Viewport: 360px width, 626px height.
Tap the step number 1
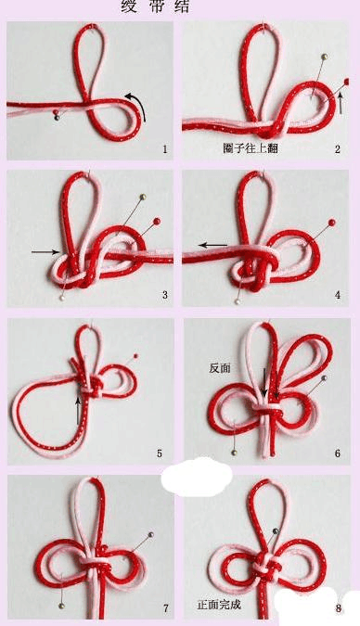coord(164,148)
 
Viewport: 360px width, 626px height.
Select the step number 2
coord(338,148)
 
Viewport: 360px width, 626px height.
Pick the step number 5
coord(159,454)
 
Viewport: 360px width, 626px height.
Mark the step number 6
coord(338,454)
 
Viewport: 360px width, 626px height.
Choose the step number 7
coord(165,608)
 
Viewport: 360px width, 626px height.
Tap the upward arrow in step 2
coord(341,102)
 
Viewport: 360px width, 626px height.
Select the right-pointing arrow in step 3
coord(44,250)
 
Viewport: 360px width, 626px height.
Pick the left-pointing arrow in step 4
coord(212,246)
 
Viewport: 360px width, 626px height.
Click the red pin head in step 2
coord(346,83)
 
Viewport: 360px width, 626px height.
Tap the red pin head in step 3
coord(156,221)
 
